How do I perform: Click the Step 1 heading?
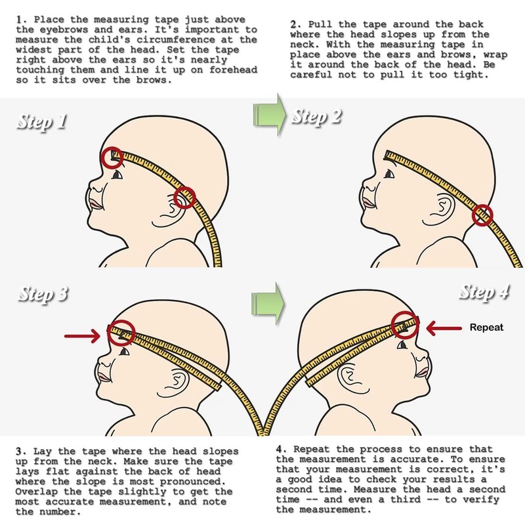(x=45, y=122)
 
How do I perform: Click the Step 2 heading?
(x=317, y=118)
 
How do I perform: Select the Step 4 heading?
(x=484, y=292)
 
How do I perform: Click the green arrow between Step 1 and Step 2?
(x=268, y=113)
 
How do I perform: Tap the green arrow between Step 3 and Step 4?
(x=268, y=302)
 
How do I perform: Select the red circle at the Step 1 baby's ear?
(x=186, y=196)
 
